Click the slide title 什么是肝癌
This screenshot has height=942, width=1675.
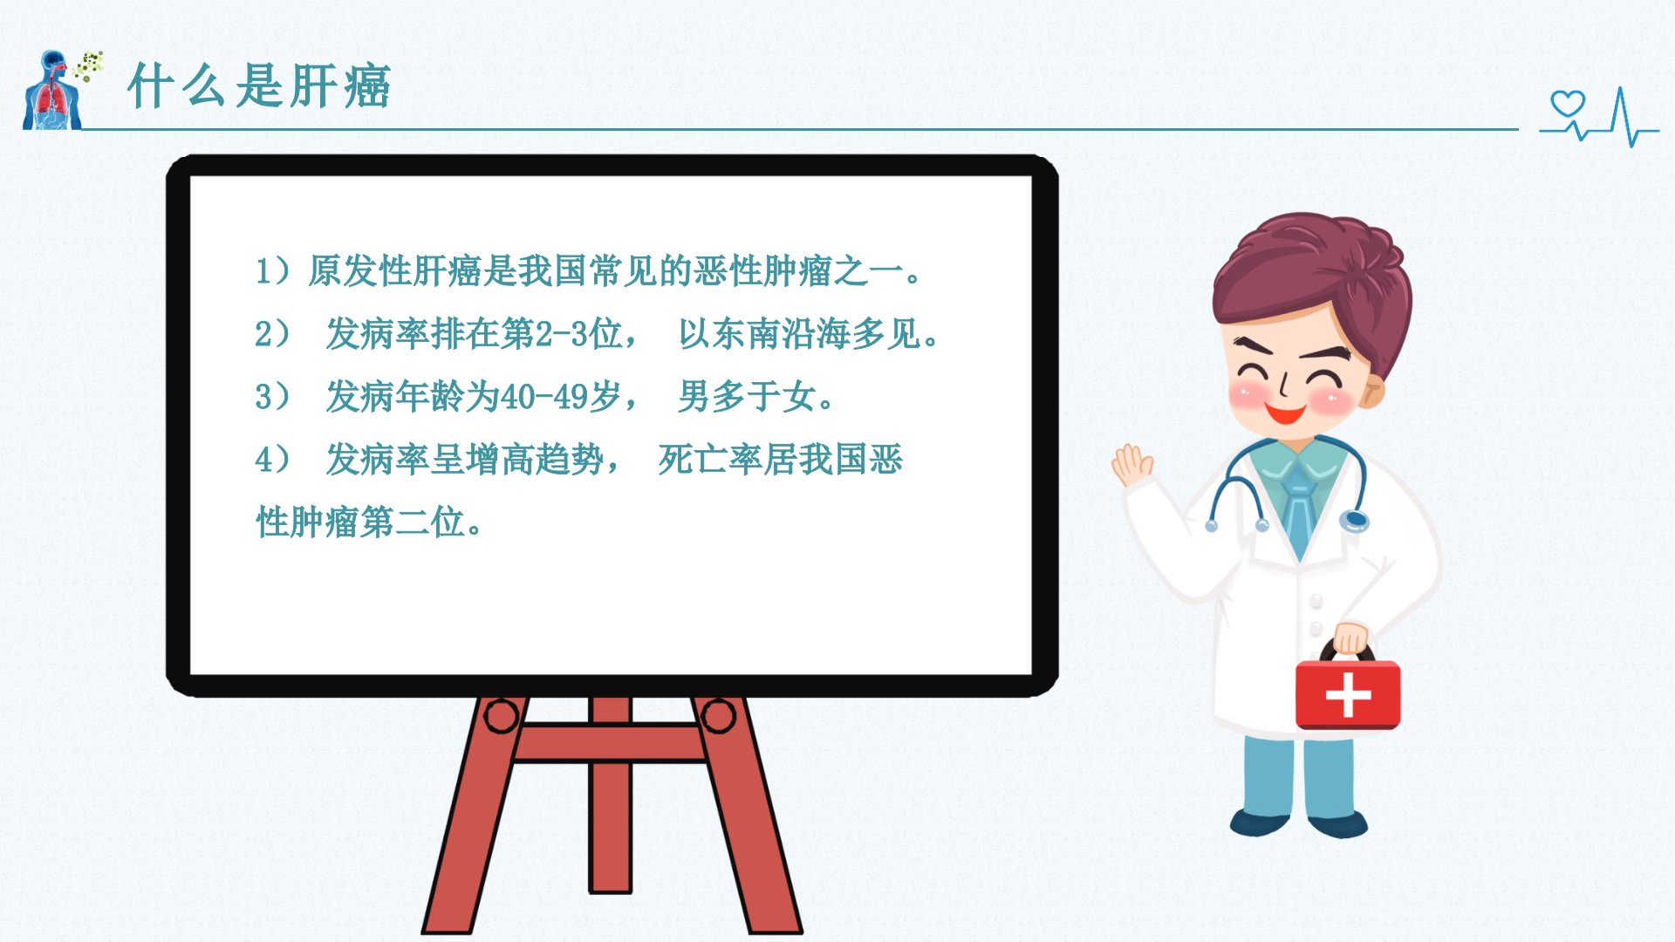[259, 85]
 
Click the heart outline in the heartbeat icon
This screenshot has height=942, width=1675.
[1568, 104]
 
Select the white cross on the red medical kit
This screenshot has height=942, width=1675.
[1348, 694]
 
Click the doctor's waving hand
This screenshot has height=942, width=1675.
[1132, 464]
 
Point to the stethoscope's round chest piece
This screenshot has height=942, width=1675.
[1354, 522]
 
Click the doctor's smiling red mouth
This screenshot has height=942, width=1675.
[1285, 412]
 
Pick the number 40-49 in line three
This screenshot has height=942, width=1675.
[544, 397]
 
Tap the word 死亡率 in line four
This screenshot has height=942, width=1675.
[710, 460]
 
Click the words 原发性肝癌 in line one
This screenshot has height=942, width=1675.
[394, 270]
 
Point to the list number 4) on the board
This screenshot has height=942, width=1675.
[272, 460]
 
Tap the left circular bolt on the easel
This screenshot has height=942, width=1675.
[502, 716]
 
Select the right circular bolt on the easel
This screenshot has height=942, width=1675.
[718, 716]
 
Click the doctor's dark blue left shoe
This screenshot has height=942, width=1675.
[1260, 823]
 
